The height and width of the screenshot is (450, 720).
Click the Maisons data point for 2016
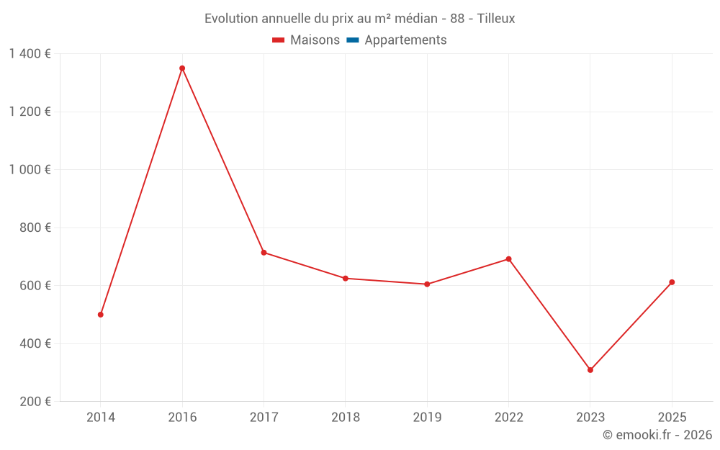coord(182,68)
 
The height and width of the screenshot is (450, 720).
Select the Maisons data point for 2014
coord(101,315)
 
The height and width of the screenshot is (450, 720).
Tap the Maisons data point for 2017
coord(264,253)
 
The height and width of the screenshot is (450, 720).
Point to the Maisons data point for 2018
coord(346,278)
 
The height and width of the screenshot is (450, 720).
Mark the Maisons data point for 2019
coord(427,284)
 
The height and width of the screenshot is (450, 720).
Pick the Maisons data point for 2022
coord(509,259)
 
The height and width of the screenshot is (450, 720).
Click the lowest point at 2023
coord(590,370)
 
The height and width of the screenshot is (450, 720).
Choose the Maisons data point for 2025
coord(672,282)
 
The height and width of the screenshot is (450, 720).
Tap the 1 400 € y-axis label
coord(30,54)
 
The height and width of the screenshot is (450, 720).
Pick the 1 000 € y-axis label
coord(30,170)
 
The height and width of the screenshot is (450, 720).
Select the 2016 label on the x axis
coord(182,418)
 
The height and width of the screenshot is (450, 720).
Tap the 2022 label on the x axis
coord(509,418)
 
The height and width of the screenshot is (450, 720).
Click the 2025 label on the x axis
coord(672,418)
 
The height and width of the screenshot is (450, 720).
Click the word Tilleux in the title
coord(496,19)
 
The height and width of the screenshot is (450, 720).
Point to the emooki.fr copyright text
coord(657,435)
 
